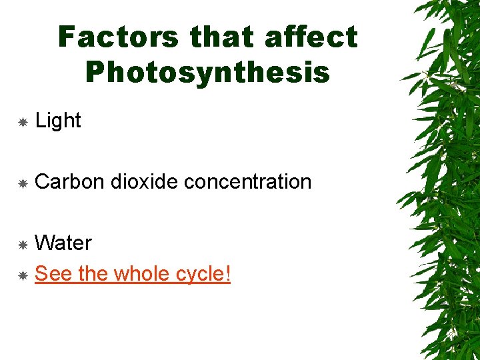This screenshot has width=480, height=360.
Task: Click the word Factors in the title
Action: click(117, 37)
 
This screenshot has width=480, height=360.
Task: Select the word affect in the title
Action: click(311, 37)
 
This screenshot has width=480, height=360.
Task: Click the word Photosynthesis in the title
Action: click(208, 73)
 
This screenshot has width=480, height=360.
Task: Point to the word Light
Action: click(58, 121)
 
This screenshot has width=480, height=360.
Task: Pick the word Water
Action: click(63, 243)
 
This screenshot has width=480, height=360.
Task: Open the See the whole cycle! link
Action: click(132, 273)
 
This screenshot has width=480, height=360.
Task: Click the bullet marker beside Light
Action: click(22, 122)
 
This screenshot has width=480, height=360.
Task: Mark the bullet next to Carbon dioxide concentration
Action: click(22, 183)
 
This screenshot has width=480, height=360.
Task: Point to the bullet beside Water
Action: click(22, 245)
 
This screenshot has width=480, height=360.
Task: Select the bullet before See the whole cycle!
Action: click(22, 275)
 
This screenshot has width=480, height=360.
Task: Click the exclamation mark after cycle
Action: click(227, 273)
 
